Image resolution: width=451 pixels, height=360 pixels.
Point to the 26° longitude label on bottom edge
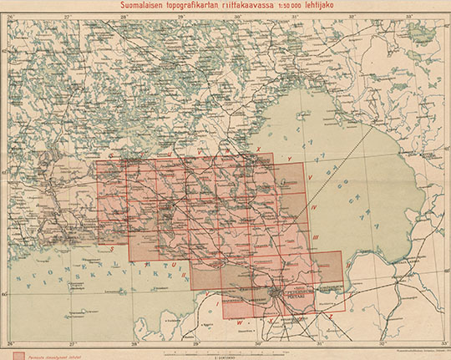click(x=11, y=343)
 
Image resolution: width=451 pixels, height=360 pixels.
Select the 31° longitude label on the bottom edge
click(x=320, y=343)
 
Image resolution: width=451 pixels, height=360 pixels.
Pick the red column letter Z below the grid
click(x=330, y=318)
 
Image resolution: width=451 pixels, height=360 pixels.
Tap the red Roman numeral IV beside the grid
click(x=312, y=206)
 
